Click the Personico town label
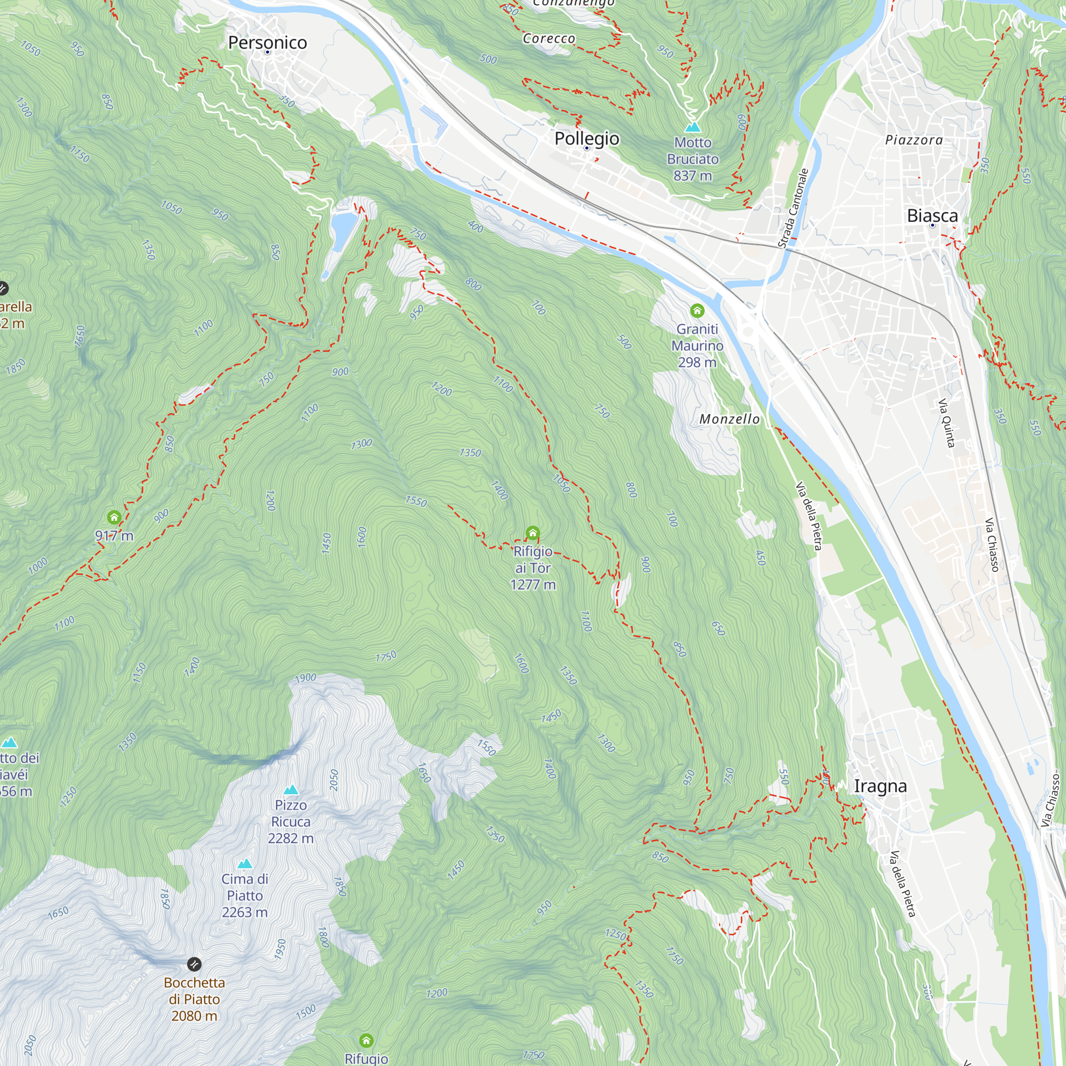(x=267, y=43)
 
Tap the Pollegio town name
(x=586, y=139)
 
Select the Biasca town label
(x=932, y=216)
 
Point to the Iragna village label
(x=880, y=786)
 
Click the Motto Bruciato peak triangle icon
(x=692, y=127)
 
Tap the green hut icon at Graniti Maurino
(x=697, y=311)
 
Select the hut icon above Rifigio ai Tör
(x=532, y=534)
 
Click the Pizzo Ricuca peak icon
(x=291, y=790)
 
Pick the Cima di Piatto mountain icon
(x=245, y=863)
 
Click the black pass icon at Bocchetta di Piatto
(x=194, y=964)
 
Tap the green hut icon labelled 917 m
(x=114, y=518)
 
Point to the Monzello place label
(x=730, y=419)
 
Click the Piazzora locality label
(x=914, y=140)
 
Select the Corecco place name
(x=548, y=38)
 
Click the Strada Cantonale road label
(x=793, y=208)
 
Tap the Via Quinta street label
(x=946, y=423)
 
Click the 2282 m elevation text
(x=291, y=838)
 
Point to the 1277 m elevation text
(x=533, y=585)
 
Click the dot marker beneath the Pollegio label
(x=586, y=148)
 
